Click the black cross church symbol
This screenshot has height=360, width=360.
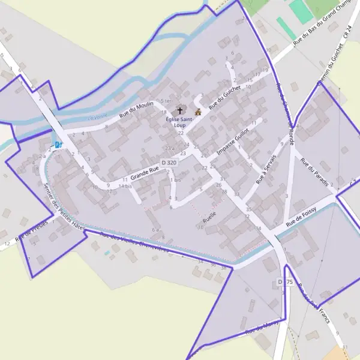coord(179,111)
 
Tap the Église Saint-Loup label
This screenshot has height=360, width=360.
coord(180,122)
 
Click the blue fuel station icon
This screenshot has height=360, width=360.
coord(58,145)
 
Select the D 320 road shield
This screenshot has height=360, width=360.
coord(169,163)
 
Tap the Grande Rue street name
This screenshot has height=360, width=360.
coord(145,173)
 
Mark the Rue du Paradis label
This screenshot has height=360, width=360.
coord(315,172)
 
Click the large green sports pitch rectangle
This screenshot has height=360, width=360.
coord(300,11)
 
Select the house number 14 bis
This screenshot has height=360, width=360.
coord(125,186)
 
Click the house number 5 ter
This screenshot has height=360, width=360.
coord(166,100)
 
